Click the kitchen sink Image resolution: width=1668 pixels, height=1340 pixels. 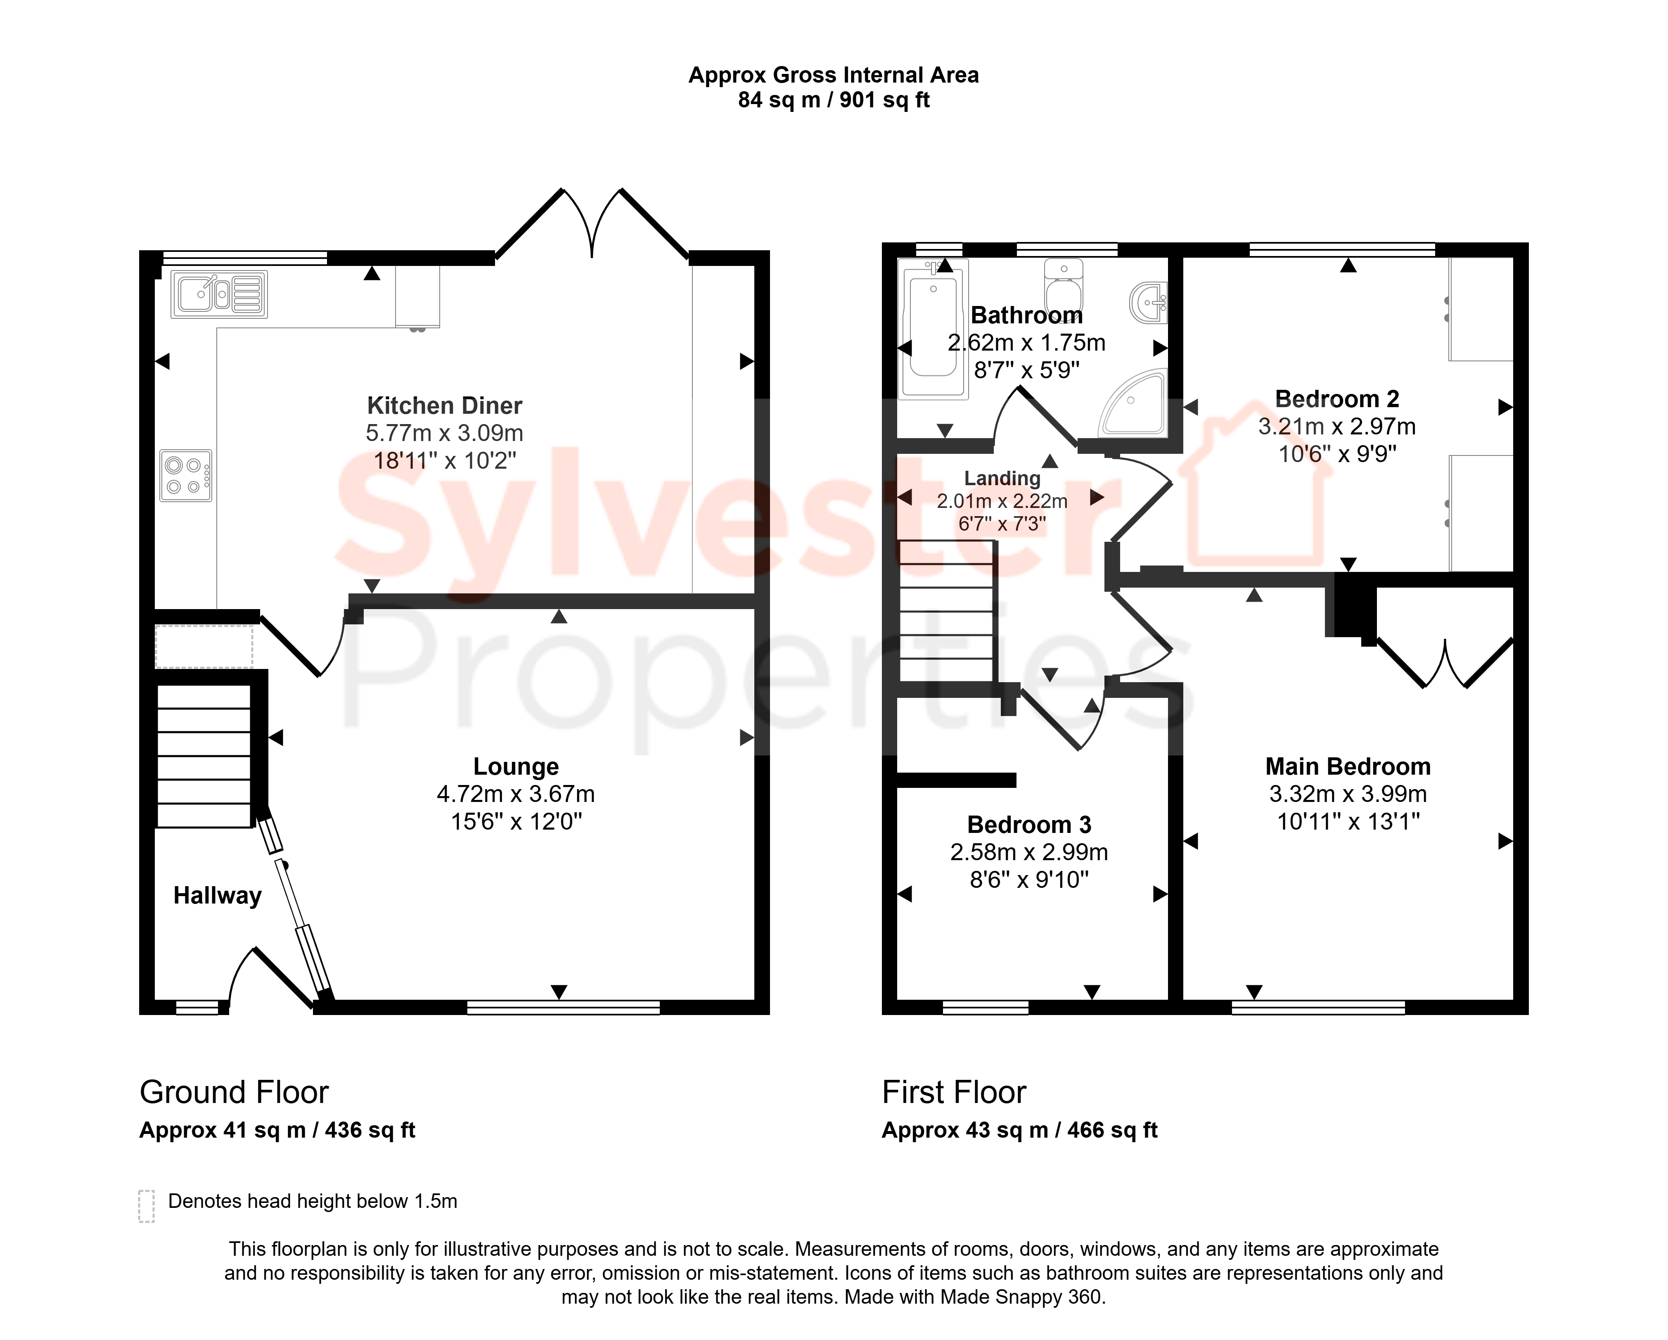click(219, 294)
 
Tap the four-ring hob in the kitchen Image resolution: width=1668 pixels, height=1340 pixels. click(186, 476)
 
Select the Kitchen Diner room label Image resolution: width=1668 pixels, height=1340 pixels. click(445, 406)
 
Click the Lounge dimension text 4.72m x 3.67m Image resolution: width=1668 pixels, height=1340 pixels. click(516, 794)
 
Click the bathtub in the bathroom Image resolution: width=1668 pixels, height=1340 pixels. click(933, 329)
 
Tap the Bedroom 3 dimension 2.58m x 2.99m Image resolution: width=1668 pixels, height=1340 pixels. click(1029, 852)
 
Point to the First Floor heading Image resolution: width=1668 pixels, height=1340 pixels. click(954, 1092)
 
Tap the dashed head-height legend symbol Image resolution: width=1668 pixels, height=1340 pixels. click(146, 1206)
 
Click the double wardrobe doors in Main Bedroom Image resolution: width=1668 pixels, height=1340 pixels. click(1444, 663)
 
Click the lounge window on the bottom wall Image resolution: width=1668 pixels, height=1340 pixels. click(563, 1007)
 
